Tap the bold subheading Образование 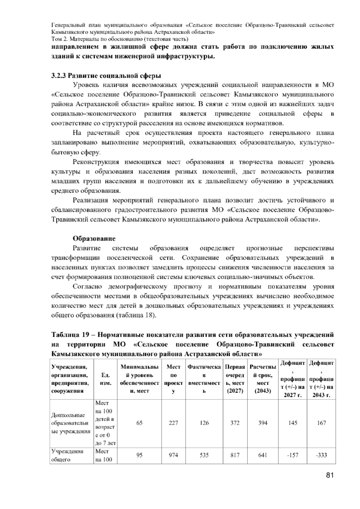pos(94,239)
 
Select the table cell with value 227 pos(173,423)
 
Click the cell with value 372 pos(235,423)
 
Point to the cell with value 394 pos(263,423)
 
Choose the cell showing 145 pos(292,423)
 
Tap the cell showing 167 pos(321,423)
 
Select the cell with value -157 pos(292,455)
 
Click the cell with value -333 pos(321,455)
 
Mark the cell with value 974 pos(173,455)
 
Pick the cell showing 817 pos(235,455)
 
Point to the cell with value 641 pos(263,455)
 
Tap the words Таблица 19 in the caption pos(70,335)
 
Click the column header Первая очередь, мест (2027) pos(235,379)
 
